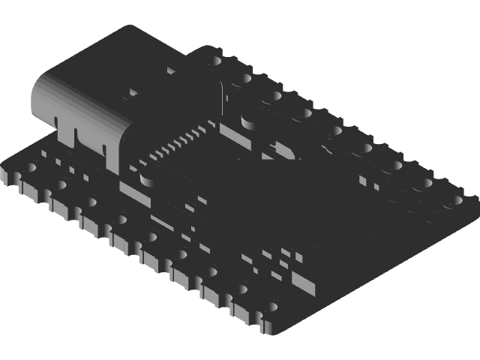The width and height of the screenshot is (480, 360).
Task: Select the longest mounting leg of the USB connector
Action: [x=112, y=154]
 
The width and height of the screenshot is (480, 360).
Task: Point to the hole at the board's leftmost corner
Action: [x=30, y=169]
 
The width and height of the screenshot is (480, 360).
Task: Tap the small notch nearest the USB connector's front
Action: [x=56, y=119]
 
